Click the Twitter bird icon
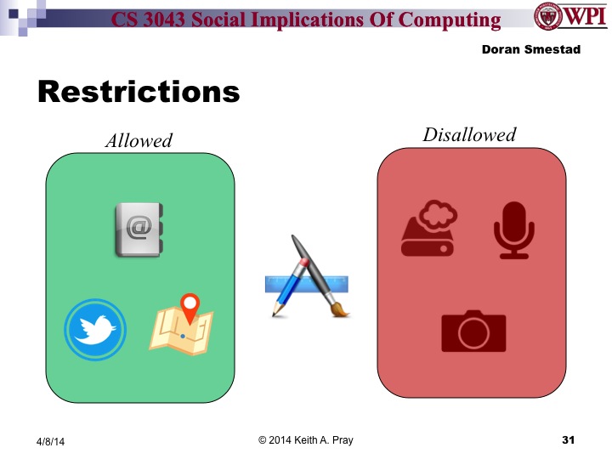click(95, 329)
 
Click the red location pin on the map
click(190, 303)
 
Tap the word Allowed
click(139, 141)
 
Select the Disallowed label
click(469, 135)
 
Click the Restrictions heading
click(139, 92)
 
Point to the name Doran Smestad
click(530, 50)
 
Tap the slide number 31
click(569, 439)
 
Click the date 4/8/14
click(50, 441)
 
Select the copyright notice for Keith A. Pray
click(306, 439)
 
